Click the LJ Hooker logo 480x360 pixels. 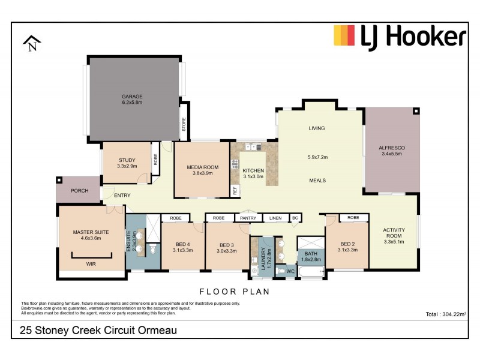point(400,36)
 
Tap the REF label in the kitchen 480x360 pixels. point(235,191)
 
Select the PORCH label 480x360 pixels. point(79,191)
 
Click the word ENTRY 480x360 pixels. point(122,195)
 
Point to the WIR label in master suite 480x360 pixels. point(91,263)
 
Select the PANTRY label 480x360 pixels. point(248,218)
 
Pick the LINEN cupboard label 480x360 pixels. point(275,218)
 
